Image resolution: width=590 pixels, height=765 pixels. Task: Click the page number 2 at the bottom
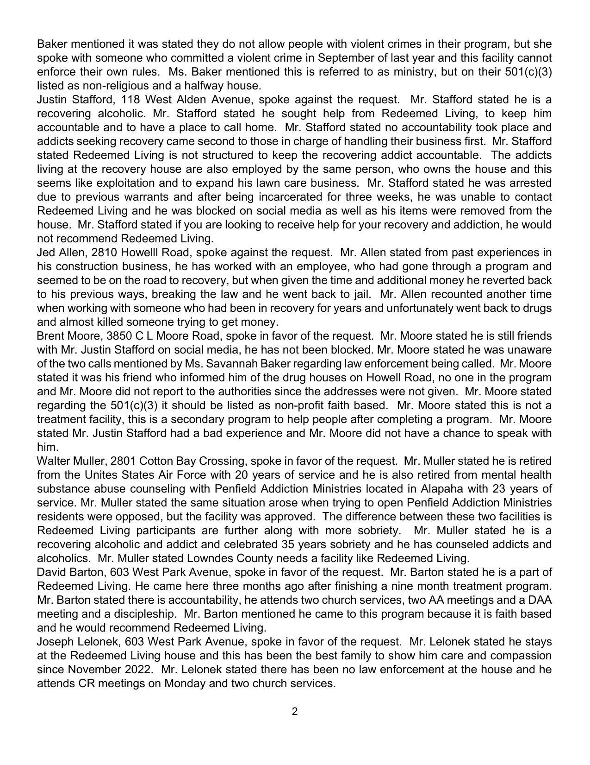click(x=295, y=711)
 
